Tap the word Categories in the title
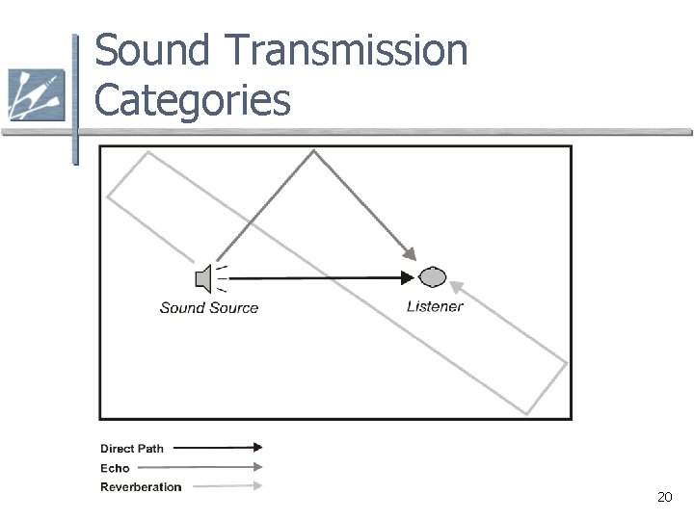(192, 98)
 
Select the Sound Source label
(209, 308)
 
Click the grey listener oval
(433, 277)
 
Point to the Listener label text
(435, 307)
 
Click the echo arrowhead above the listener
(410, 254)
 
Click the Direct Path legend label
(132, 449)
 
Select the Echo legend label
(115, 468)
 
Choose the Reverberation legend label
(141, 487)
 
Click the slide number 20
(664, 497)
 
